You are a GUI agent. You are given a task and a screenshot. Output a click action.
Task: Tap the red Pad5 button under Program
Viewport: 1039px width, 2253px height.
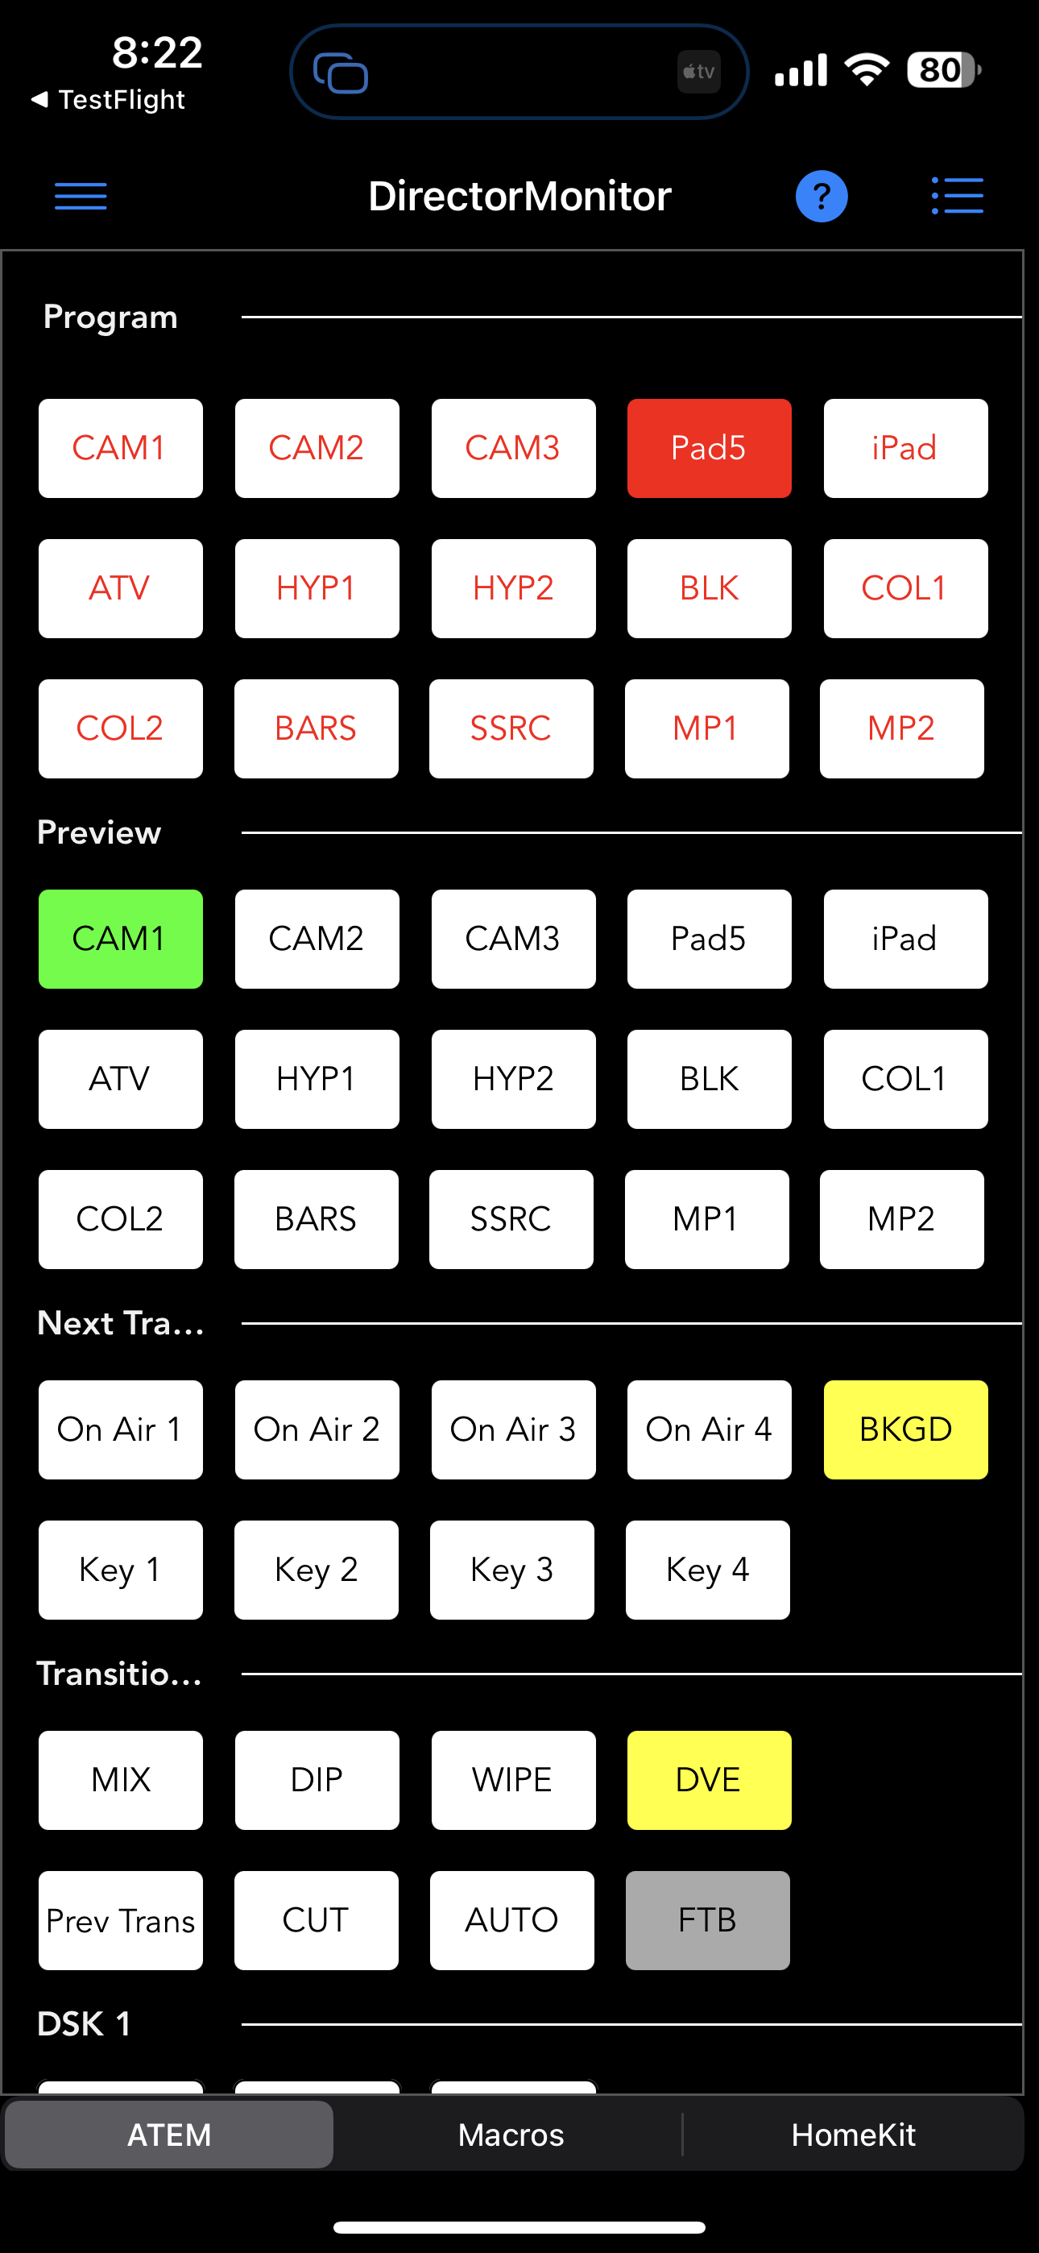pyautogui.click(x=710, y=449)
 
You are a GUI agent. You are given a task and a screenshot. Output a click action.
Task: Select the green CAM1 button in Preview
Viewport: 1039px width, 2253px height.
pyautogui.click(x=121, y=940)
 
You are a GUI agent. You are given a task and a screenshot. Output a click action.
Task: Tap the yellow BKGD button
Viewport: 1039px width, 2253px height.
pyautogui.click(x=905, y=1430)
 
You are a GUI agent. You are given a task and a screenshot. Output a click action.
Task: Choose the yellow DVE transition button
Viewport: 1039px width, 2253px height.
pyautogui.click(x=710, y=1780)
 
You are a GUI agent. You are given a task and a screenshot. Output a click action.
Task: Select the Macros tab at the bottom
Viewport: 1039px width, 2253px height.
pyautogui.click(x=511, y=2135)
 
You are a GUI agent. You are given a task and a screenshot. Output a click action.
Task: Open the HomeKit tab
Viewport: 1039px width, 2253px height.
pyautogui.click(x=853, y=2135)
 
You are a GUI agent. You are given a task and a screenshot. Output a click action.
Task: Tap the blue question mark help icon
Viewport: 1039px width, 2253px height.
pyautogui.click(x=822, y=196)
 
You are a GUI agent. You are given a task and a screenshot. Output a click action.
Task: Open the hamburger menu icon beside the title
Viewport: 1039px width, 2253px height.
pyautogui.click(x=81, y=196)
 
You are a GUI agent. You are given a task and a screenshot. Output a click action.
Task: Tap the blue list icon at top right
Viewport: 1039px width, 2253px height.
pyautogui.click(x=957, y=196)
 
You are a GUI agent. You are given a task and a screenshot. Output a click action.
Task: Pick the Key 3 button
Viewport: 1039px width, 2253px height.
pyautogui.click(x=511, y=1570)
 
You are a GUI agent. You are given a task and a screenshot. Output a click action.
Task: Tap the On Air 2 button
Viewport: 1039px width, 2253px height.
pyautogui.click(x=317, y=1430)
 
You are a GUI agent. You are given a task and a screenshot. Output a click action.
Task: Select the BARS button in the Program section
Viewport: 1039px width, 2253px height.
pyautogui.click(x=316, y=728)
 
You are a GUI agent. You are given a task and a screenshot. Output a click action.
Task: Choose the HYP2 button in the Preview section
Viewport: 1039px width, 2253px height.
pyautogui.click(x=513, y=1079)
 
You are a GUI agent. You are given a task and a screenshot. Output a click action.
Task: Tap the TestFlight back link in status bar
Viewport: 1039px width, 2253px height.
pyautogui.click(x=109, y=100)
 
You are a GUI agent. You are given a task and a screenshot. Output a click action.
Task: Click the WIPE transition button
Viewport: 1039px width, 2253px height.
pyautogui.click(x=513, y=1780)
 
